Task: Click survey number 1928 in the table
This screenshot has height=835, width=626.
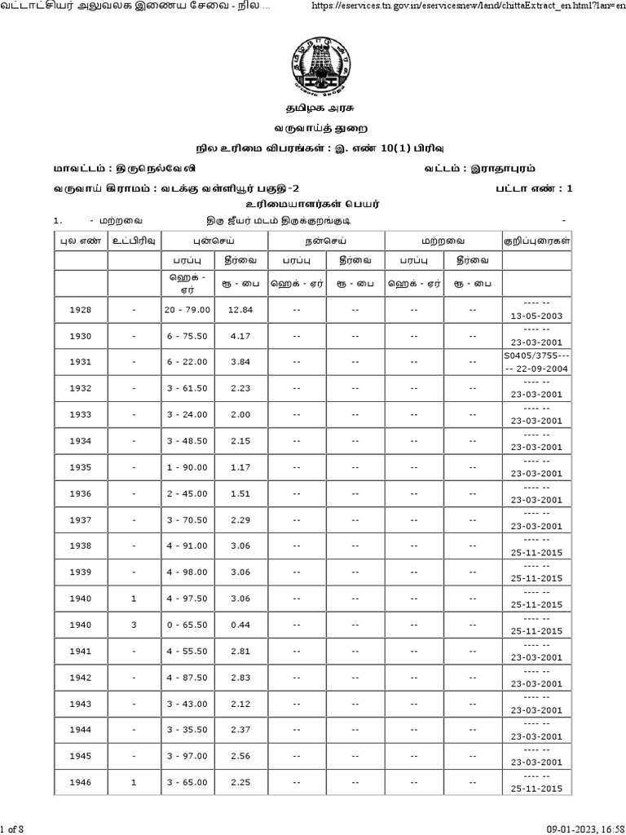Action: tap(81, 310)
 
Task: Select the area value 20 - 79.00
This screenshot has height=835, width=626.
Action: tap(187, 310)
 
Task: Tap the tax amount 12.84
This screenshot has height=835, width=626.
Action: tap(241, 310)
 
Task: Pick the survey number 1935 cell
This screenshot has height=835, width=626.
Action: tap(81, 467)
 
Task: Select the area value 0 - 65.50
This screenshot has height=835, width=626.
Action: tap(187, 625)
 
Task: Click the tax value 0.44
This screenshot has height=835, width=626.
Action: tap(241, 625)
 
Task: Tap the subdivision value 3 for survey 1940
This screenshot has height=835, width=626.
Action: tap(134, 625)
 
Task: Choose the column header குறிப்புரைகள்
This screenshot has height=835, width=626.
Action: tap(536, 241)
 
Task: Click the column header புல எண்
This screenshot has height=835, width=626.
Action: tap(81, 241)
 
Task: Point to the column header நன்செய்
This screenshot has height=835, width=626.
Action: tap(326, 241)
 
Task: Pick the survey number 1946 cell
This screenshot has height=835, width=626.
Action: tap(81, 782)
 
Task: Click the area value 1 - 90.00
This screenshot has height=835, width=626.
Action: tap(187, 467)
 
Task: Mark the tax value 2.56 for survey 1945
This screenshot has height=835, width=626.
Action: tap(241, 756)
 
